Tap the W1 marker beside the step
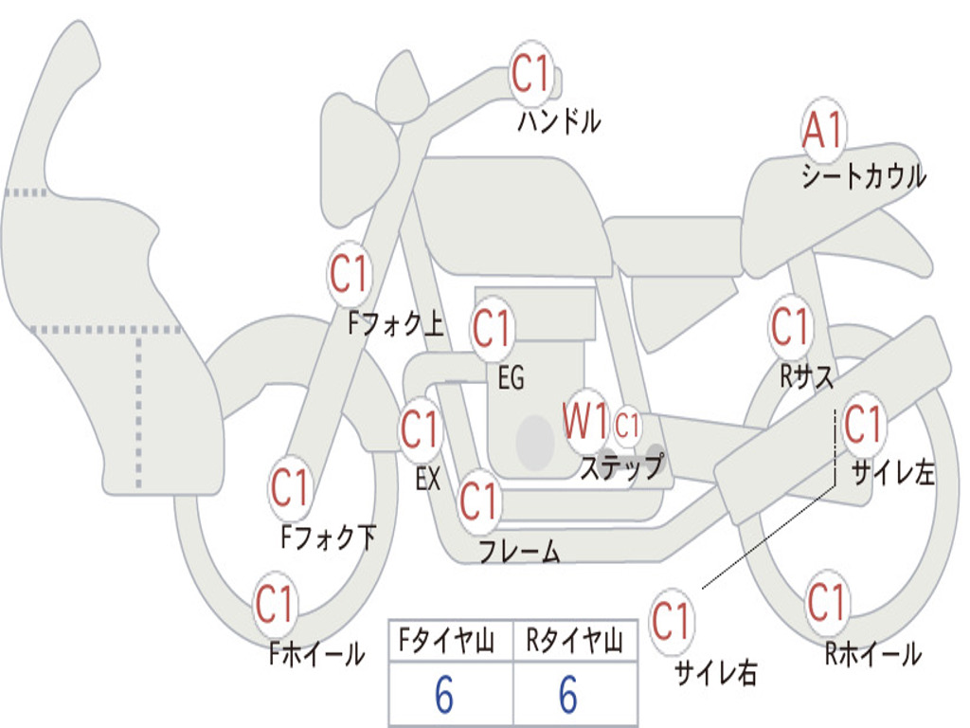click(x=585, y=420)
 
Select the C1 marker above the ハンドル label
click(x=530, y=74)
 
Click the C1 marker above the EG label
click(x=492, y=329)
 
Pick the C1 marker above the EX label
click(x=420, y=430)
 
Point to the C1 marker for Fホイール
click(x=275, y=604)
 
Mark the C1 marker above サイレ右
click(x=672, y=622)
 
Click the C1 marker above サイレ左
click(x=863, y=424)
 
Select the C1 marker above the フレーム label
click(x=479, y=500)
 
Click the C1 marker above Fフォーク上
click(x=350, y=274)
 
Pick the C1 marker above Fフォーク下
click(x=291, y=488)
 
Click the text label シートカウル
click(x=863, y=177)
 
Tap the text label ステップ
click(x=622, y=467)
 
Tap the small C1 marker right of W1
click(x=628, y=426)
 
